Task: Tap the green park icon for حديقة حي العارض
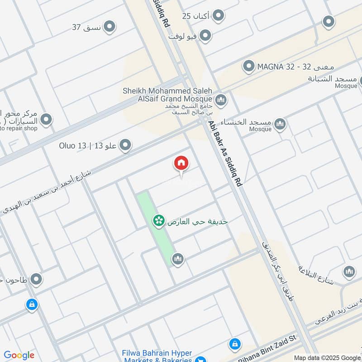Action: (x=158, y=221)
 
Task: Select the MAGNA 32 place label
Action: (x=271, y=67)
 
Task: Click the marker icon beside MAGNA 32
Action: (x=248, y=67)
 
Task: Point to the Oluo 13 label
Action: (x=88, y=146)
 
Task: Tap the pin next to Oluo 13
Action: (x=126, y=145)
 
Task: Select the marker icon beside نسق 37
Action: (x=109, y=27)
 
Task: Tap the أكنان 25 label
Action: (x=196, y=16)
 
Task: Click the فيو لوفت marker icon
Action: (x=205, y=35)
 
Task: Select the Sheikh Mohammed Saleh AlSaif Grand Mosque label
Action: (x=167, y=95)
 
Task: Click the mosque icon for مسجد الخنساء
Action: (x=280, y=123)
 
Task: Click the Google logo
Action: (x=19, y=355)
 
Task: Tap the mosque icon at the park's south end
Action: (x=177, y=259)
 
